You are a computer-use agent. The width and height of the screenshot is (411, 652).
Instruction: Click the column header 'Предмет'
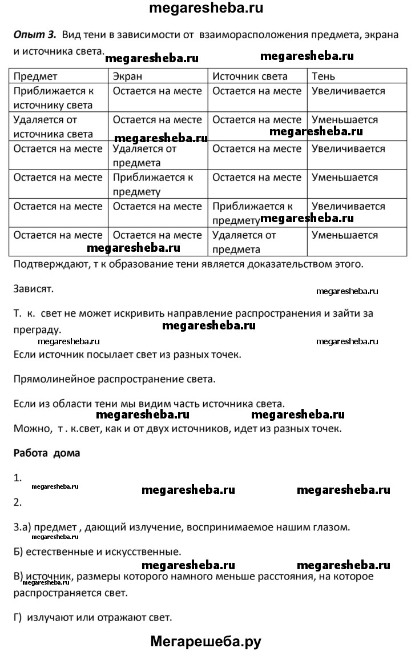(35, 76)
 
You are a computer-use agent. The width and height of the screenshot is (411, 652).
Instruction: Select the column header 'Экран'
(127, 76)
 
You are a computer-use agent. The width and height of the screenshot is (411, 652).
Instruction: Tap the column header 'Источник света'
(250, 76)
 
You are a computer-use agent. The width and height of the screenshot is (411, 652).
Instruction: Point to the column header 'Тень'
(323, 76)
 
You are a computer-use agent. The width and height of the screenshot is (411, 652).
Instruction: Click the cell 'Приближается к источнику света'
(53, 98)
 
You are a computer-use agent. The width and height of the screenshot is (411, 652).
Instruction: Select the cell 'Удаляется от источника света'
(53, 127)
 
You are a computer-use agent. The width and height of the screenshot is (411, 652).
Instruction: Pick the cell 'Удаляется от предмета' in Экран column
(145, 155)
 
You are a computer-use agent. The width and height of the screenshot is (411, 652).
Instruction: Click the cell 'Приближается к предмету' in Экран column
(153, 184)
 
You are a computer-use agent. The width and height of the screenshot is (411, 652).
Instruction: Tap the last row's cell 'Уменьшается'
(345, 235)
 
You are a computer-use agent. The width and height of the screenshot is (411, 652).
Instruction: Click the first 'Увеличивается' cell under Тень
(348, 91)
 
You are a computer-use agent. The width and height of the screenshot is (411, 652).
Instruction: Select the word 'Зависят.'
(33, 288)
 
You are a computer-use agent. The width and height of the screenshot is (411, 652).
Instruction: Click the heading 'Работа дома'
(46, 453)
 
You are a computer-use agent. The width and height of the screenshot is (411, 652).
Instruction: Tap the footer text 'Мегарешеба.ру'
(205, 641)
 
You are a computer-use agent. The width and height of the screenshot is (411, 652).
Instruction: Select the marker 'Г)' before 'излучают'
(18, 617)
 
